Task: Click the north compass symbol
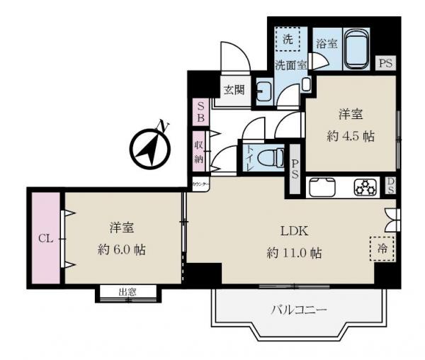[149, 146]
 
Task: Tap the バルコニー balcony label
[298, 310]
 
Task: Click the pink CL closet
[45, 237]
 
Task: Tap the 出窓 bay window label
[127, 292]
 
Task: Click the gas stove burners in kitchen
[365, 188]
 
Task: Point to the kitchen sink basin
[326, 188]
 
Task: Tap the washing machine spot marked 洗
[288, 40]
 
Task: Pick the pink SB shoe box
[200, 111]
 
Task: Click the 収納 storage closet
[200, 150]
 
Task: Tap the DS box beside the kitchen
[391, 186]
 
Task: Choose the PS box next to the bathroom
[385, 63]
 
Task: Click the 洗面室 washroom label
[290, 64]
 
